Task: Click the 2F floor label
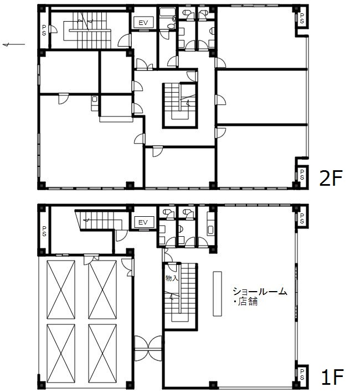(x=331, y=178)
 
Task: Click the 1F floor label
(x=332, y=377)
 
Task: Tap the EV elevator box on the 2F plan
(x=143, y=23)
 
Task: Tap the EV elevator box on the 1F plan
(x=143, y=222)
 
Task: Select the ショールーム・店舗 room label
(x=260, y=296)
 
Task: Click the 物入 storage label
(x=172, y=278)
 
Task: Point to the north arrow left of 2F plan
(x=14, y=44)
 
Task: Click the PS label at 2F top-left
(x=44, y=30)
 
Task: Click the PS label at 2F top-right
(x=302, y=18)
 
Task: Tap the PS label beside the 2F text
(x=302, y=175)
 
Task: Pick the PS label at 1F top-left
(x=44, y=231)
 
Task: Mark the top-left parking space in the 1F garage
(x=61, y=289)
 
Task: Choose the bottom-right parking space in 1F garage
(x=102, y=353)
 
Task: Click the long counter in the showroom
(x=217, y=294)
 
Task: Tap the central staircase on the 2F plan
(x=180, y=105)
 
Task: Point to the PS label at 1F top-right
(x=302, y=218)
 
